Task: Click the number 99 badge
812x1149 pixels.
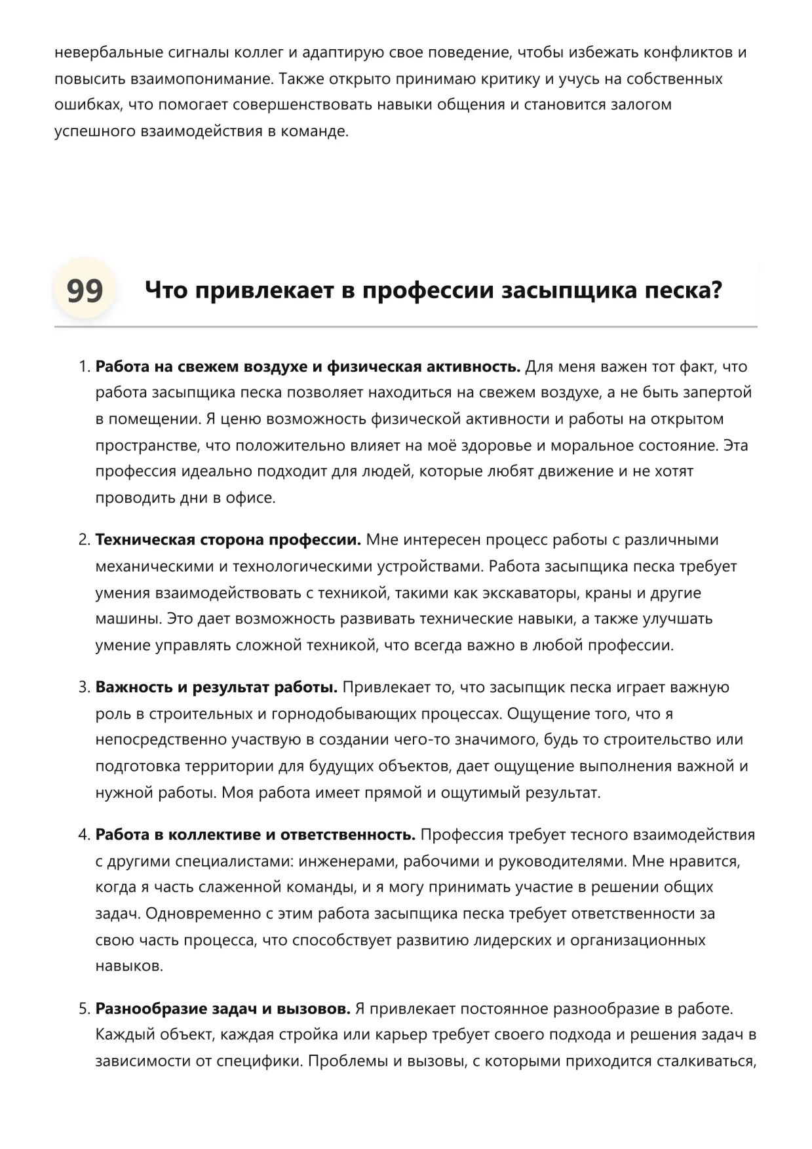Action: click(x=85, y=290)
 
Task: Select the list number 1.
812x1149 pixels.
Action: click(x=83, y=367)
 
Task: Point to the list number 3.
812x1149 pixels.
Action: click(x=83, y=688)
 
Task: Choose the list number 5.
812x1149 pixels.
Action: click(x=83, y=1009)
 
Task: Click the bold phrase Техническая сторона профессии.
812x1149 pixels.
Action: click(x=228, y=540)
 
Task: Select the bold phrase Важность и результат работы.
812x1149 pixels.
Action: click(x=216, y=688)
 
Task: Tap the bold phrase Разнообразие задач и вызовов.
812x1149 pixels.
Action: click(x=223, y=1009)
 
